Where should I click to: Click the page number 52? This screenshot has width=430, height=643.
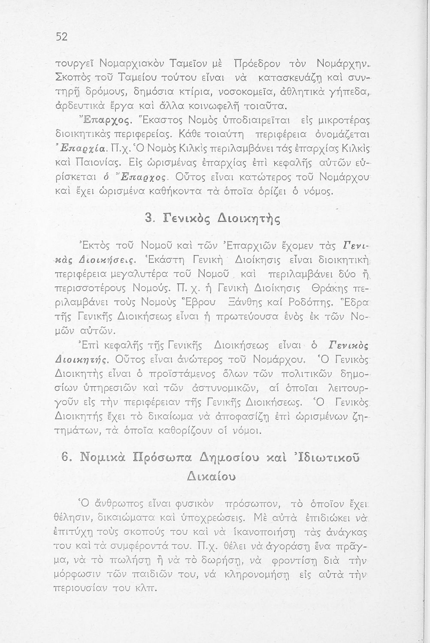(x=62, y=37)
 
